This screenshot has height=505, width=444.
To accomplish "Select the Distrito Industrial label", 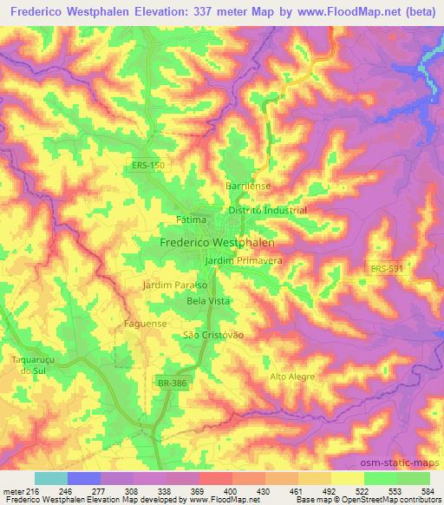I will point(267,211).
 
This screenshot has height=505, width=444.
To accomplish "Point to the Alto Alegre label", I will point(290,376).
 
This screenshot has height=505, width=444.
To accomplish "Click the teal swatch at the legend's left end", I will point(50,478).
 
